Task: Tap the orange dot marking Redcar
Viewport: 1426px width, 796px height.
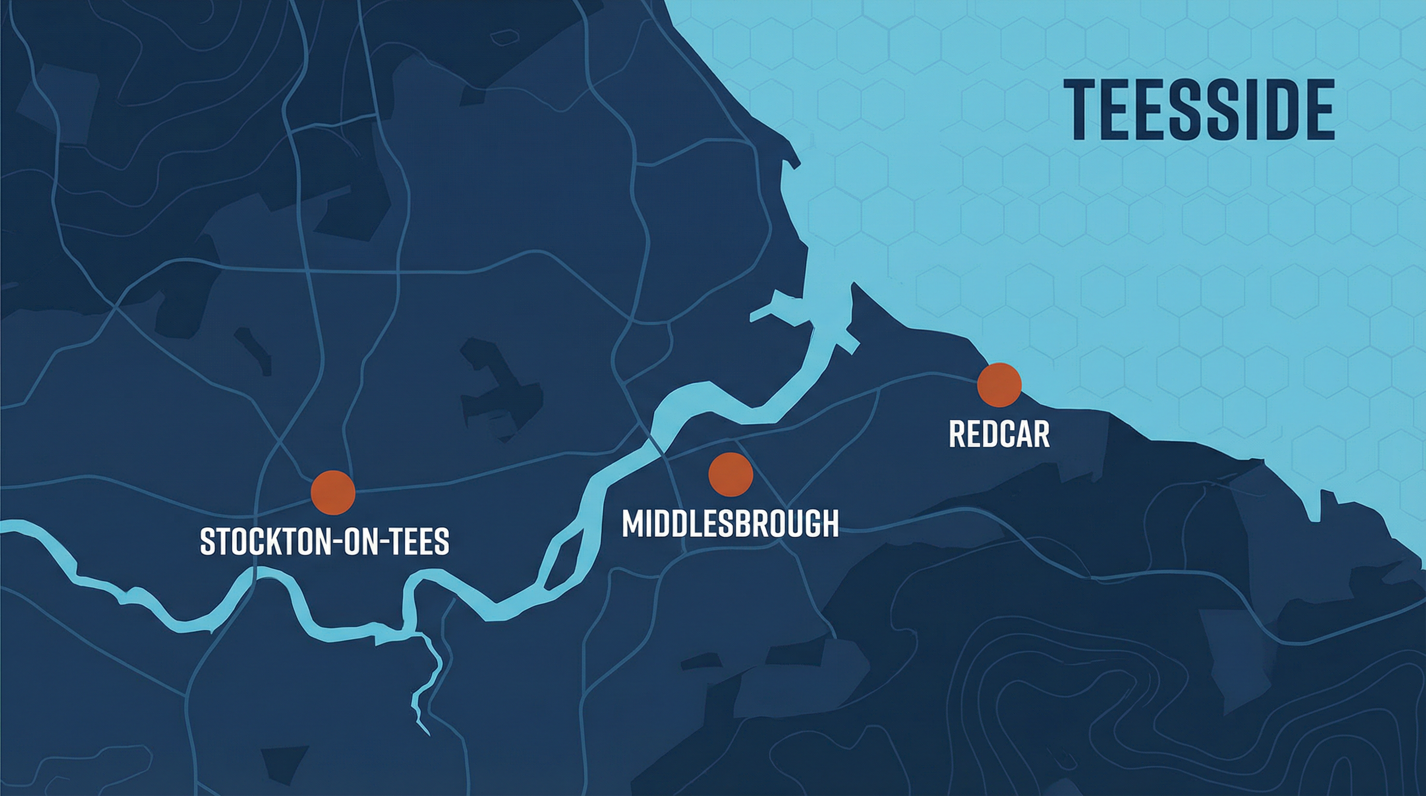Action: click(x=999, y=385)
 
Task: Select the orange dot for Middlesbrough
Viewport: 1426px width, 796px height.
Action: click(x=731, y=474)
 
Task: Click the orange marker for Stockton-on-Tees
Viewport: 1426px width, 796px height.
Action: click(x=333, y=493)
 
